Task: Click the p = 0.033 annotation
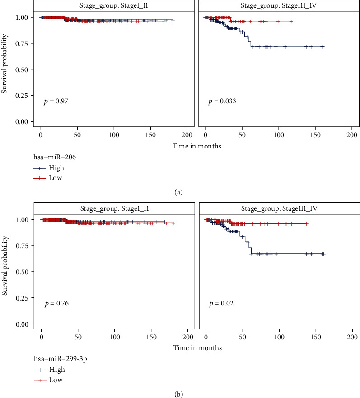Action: [x=222, y=102]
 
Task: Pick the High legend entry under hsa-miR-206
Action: [x=58, y=168]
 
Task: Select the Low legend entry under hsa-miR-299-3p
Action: [x=57, y=380]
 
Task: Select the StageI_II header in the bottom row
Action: [x=114, y=208]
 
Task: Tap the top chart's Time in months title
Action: [x=197, y=146]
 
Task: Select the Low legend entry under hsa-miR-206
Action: [x=57, y=178]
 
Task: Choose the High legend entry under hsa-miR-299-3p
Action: [x=58, y=370]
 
